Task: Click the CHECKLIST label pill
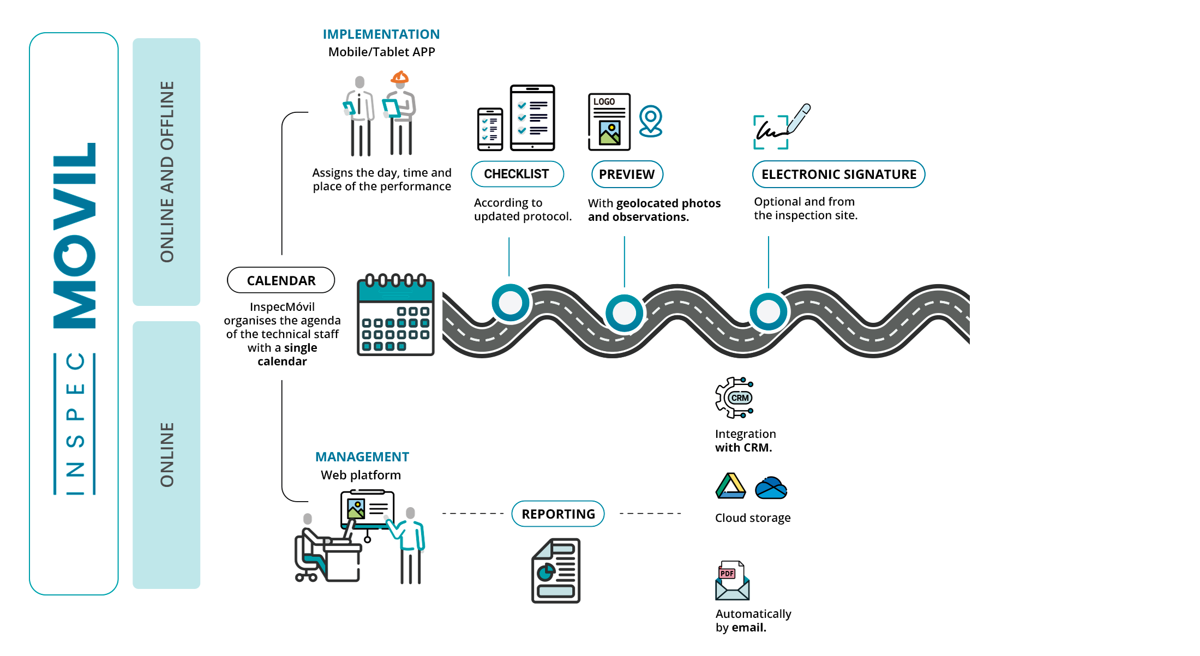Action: (x=517, y=174)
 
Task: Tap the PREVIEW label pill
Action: (x=627, y=174)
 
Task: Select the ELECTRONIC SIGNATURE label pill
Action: (x=838, y=174)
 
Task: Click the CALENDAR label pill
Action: (x=281, y=280)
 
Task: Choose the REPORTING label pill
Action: (x=558, y=514)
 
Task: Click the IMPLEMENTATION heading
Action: (x=381, y=34)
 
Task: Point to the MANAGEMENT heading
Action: (x=362, y=457)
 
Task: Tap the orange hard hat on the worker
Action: (x=400, y=77)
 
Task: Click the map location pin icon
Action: (x=651, y=121)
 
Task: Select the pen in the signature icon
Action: (x=799, y=118)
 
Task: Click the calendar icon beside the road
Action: (x=395, y=315)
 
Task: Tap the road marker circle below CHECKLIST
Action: (x=511, y=303)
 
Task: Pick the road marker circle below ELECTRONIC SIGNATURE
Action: (x=769, y=312)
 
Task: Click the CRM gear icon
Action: (x=734, y=398)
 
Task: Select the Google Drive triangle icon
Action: (x=731, y=486)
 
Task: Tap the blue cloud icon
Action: (x=771, y=488)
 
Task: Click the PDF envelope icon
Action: (x=732, y=580)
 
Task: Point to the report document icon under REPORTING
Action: (x=556, y=570)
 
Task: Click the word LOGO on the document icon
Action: (x=604, y=102)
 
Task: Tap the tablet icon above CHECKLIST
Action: (x=532, y=117)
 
